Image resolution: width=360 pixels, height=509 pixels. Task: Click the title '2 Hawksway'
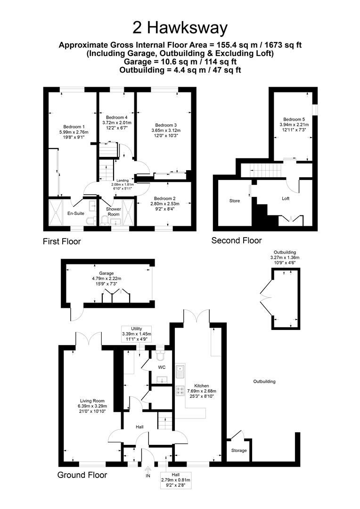(180, 28)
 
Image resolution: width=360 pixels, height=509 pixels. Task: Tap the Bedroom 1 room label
(74, 127)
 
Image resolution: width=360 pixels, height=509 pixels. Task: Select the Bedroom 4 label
(117, 117)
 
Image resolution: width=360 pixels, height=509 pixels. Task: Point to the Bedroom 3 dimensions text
(166, 133)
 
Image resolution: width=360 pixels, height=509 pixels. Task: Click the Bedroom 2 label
(165, 198)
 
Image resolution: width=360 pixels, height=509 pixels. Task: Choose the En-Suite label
(76, 213)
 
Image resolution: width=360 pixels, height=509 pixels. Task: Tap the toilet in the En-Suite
(91, 221)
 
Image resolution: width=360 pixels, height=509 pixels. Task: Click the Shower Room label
(114, 212)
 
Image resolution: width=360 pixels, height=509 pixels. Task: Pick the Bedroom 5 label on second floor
(294, 119)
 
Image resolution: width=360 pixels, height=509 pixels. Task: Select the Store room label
(234, 201)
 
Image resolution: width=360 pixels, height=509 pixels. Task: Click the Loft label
(286, 198)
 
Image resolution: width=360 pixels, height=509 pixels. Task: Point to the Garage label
(106, 273)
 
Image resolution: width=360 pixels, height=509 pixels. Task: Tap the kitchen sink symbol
(180, 371)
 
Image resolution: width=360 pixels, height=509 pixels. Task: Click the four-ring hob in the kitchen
(180, 391)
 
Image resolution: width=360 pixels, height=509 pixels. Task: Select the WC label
(162, 367)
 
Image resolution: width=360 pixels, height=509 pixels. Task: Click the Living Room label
(92, 401)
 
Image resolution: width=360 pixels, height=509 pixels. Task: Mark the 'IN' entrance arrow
(148, 469)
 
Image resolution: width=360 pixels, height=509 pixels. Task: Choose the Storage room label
(239, 450)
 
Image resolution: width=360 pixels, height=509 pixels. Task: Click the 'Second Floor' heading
(237, 240)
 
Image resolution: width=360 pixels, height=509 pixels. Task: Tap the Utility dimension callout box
(137, 334)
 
